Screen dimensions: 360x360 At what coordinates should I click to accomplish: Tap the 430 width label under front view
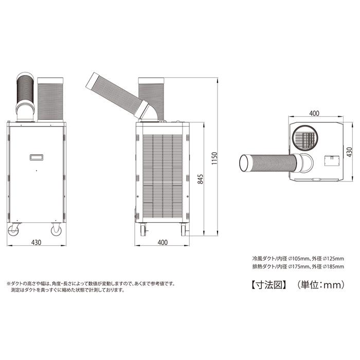(x=36, y=242)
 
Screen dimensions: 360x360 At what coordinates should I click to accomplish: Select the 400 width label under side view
(x=163, y=242)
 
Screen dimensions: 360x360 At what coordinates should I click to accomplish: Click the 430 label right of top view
(x=349, y=152)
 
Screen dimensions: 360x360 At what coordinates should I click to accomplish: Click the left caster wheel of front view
(x=14, y=231)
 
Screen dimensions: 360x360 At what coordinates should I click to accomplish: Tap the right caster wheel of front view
(x=56, y=231)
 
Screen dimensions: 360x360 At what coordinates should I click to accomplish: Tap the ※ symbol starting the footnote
(x=8, y=283)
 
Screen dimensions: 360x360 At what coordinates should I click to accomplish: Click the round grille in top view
(x=307, y=138)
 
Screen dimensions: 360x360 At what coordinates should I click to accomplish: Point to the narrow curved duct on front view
(x=25, y=95)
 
